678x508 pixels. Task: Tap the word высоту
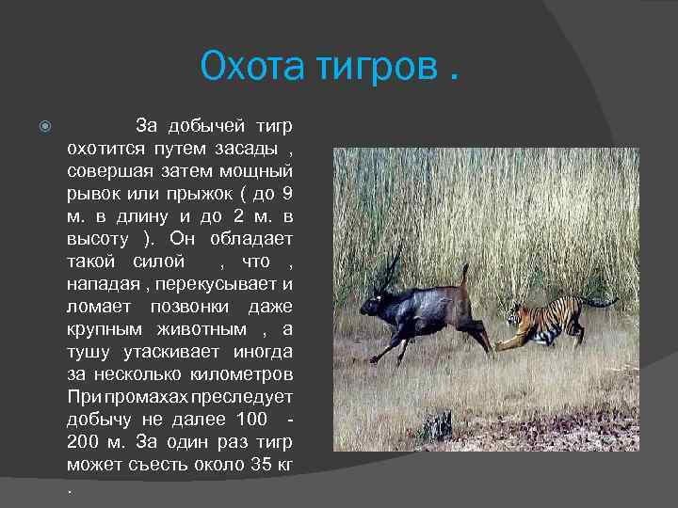tap(100, 238)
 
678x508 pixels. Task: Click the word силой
tap(159, 261)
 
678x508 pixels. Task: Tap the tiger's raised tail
tap(595, 301)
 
